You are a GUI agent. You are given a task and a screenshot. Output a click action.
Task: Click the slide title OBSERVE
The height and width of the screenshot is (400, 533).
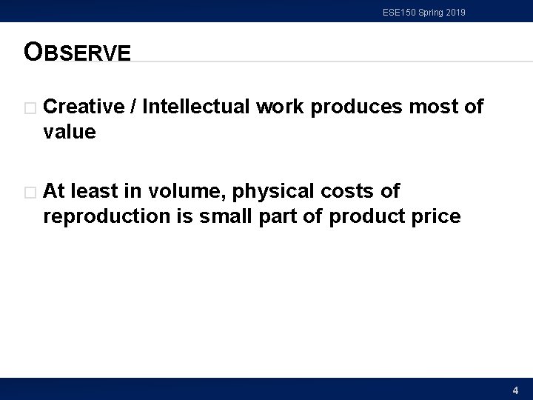point(77,52)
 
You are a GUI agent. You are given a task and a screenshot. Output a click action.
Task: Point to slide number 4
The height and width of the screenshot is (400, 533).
point(515,390)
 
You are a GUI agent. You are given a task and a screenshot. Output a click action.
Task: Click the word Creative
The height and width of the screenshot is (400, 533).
point(84,107)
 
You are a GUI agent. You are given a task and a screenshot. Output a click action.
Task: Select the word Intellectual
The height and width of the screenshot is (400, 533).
point(195,107)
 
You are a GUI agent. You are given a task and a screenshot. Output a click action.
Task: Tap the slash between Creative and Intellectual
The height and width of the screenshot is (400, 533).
point(133,107)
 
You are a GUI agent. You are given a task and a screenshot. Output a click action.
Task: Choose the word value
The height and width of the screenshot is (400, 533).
point(70,133)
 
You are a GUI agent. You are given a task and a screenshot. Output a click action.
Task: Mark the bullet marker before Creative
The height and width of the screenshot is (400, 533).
point(29,108)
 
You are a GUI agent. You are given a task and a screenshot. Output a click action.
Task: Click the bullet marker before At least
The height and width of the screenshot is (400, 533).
point(29,193)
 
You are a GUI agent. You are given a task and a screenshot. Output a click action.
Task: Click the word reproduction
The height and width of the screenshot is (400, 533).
point(98,217)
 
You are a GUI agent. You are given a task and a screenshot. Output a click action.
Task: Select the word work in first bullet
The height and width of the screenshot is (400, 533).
point(279,107)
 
